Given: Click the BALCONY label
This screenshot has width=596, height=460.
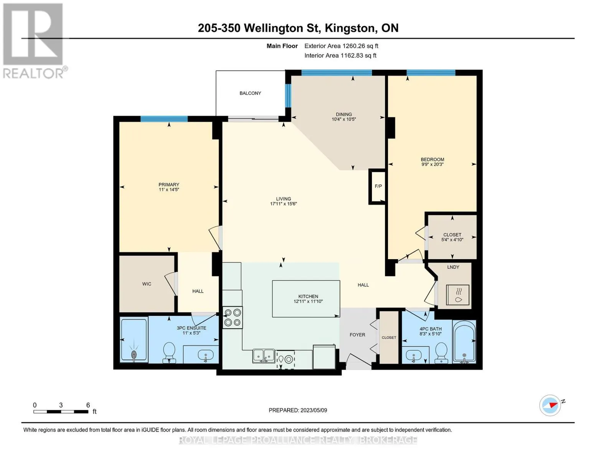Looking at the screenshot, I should tap(250, 93).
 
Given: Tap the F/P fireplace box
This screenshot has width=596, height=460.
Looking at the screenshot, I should tap(378, 186).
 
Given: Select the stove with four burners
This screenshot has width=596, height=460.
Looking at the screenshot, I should tap(233, 317).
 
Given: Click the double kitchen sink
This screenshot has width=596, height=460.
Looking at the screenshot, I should tap(263, 356).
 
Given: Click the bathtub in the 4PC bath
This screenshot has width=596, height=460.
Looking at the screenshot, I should tap(464, 342).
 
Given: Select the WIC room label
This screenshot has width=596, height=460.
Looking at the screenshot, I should tap(147, 284).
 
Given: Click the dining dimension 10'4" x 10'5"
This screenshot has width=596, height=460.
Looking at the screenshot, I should tap(343, 119).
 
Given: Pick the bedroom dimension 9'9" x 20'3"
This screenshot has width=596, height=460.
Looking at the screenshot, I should tap(432, 164).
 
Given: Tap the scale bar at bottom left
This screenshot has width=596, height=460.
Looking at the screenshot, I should tap(61, 411).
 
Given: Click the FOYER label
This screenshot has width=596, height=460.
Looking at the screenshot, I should tap(357, 335).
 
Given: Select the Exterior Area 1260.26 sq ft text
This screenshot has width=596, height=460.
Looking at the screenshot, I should tap(341, 46).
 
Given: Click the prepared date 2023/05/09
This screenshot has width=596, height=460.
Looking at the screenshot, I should tap(314, 410).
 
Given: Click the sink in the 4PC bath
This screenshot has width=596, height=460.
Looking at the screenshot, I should tap(414, 355).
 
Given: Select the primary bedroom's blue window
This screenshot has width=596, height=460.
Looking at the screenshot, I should tap(164, 119).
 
